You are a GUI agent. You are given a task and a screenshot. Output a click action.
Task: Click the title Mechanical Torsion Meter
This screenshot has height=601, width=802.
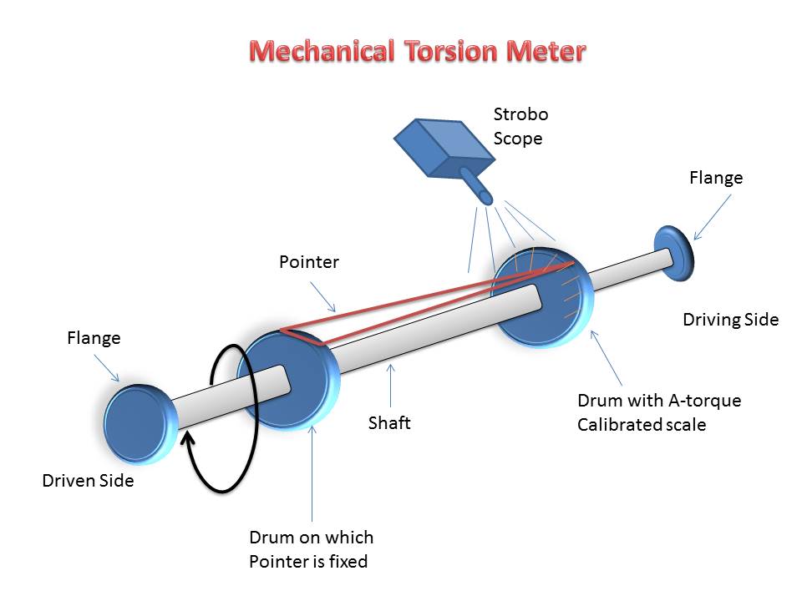418,52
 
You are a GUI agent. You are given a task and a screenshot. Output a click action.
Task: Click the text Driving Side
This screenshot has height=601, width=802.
730,319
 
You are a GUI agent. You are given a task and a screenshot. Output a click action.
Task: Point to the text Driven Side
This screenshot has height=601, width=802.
88,481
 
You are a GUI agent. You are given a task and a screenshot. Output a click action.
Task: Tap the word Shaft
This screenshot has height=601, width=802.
389,422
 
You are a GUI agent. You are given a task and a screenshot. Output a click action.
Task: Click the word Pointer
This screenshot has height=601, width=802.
308,262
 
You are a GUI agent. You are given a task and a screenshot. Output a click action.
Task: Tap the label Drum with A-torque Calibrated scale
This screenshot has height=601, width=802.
658,412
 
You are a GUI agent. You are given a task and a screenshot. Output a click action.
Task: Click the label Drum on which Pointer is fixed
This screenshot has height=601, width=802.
311,548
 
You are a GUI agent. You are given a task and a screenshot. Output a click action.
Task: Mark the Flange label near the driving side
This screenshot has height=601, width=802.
715,178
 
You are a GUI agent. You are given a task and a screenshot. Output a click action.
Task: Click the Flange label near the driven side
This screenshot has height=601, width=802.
94,338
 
